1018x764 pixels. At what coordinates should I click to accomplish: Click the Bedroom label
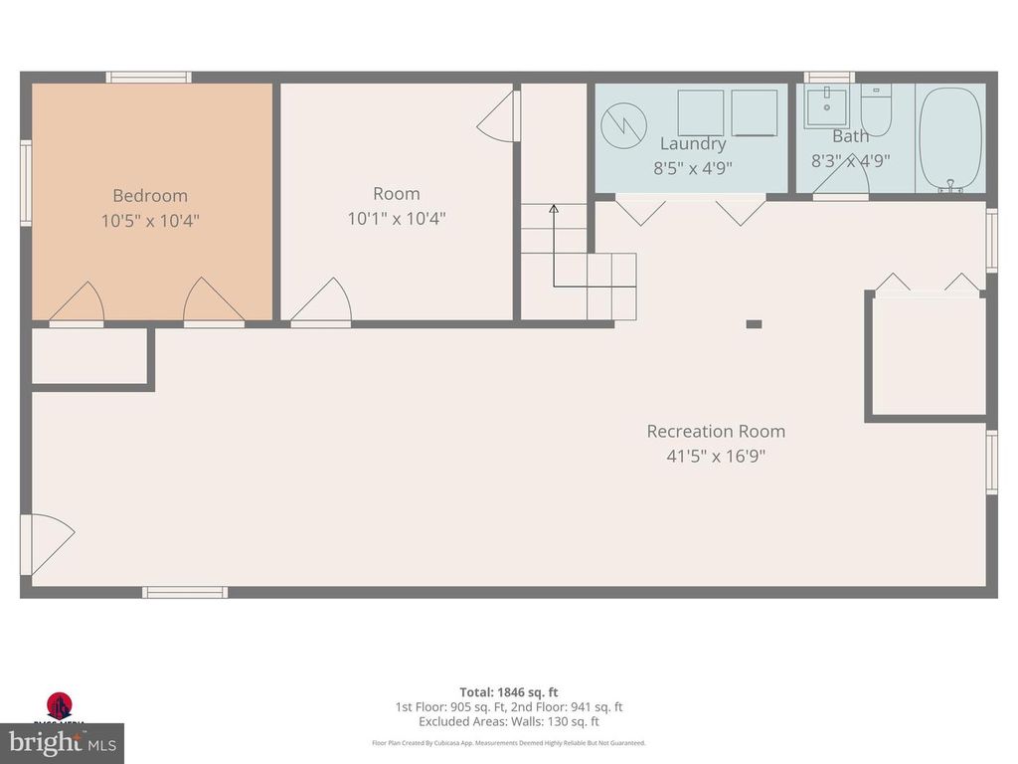(149, 196)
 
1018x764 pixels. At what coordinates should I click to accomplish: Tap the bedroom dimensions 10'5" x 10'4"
(150, 220)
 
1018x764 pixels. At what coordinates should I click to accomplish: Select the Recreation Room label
(716, 431)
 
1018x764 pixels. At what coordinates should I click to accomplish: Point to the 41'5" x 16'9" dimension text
(716, 457)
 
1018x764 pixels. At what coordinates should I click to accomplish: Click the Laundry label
(693, 144)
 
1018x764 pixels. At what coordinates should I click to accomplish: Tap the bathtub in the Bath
(950, 137)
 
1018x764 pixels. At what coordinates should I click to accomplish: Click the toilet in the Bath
(877, 106)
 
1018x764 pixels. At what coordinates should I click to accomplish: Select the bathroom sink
(826, 102)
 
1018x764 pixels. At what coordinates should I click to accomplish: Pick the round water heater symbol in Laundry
(622, 124)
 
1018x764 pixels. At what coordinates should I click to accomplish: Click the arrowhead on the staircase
(554, 208)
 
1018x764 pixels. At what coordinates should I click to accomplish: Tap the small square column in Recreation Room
(754, 323)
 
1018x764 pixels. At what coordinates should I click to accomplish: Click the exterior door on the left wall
(45, 543)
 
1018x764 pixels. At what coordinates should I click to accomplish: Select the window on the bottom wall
(184, 593)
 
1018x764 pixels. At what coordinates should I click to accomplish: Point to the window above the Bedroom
(149, 77)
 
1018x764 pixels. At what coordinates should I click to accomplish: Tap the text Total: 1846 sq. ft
(509, 691)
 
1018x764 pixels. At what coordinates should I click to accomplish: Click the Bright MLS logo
(61, 741)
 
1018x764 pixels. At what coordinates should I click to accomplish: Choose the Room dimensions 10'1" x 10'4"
(397, 218)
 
